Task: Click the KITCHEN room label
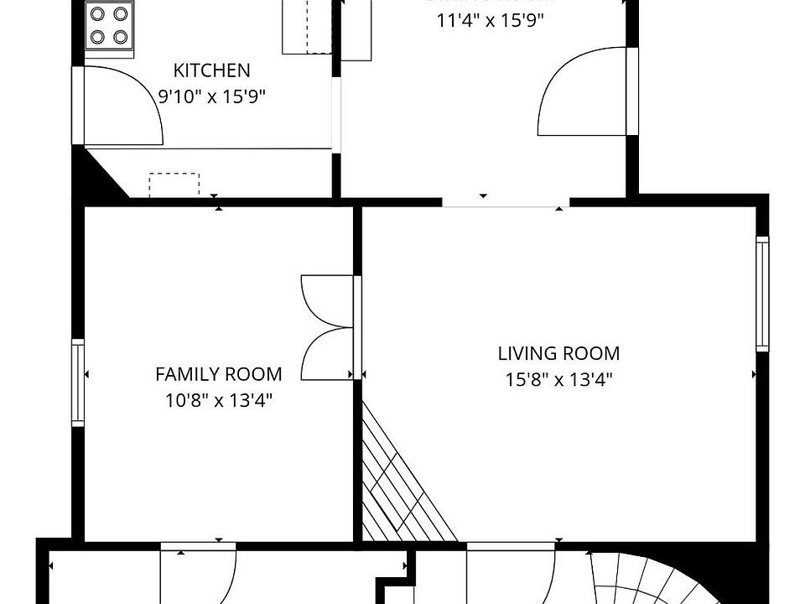[211, 70]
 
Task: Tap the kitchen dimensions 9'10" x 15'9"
[212, 96]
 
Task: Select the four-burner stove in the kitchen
[110, 26]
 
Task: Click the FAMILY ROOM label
[218, 374]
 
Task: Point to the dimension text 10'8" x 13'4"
[218, 400]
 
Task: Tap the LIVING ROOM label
[558, 354]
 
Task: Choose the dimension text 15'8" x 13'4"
[558, 380]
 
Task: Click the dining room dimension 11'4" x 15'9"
[490, 21]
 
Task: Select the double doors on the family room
[327, 327]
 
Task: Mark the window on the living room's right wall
[761, 294]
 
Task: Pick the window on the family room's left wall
[78, 383]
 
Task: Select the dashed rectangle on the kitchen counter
[174, 185]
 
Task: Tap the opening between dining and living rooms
[506, 202]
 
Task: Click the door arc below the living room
[512, 575]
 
